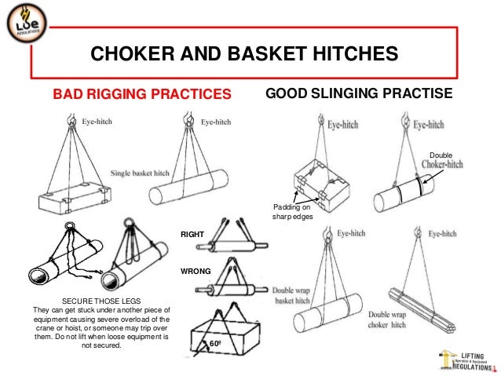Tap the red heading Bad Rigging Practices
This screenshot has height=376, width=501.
(142, 95)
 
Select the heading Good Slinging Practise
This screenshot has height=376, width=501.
(359, 94)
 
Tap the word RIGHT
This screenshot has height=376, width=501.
(192, 233)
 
